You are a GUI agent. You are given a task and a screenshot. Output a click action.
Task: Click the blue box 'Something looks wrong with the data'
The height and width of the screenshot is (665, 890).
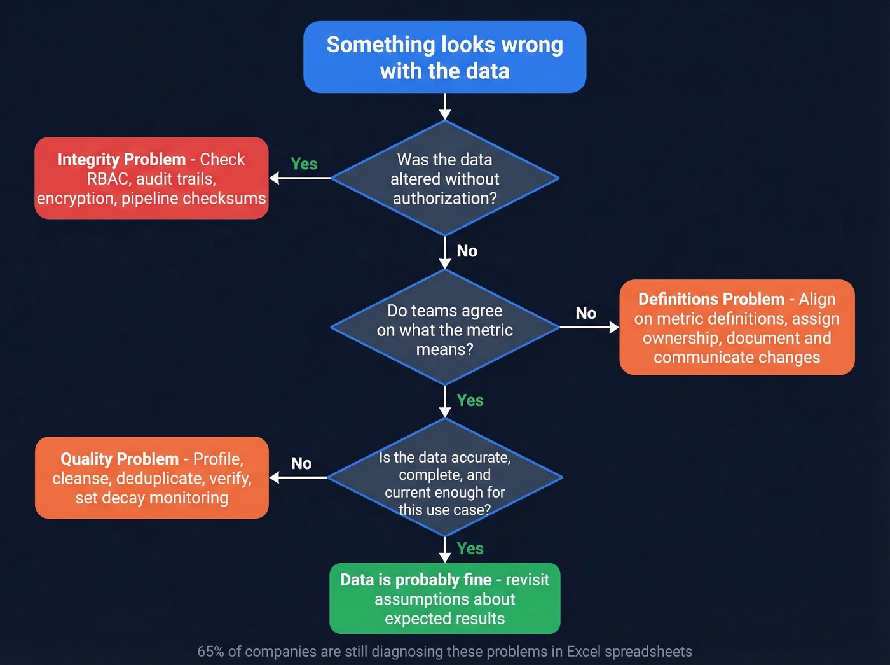coord(444,57)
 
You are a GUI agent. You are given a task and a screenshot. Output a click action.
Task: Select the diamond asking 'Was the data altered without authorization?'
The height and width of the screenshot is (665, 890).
coord(444,179)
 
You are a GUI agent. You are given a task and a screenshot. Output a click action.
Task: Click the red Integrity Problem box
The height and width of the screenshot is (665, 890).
coord(151,178)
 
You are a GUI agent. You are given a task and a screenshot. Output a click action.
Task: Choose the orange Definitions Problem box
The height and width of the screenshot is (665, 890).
coord(737,327)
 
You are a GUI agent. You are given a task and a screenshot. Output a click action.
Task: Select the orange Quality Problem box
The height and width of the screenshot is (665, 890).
coord(151,478)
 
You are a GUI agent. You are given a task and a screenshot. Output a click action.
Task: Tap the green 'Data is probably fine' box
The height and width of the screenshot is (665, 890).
coord(444,598)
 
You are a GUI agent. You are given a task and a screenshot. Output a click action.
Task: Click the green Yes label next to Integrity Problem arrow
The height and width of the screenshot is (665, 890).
coord(304,164)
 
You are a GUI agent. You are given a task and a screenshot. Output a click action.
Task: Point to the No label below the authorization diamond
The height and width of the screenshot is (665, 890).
coord(467,251)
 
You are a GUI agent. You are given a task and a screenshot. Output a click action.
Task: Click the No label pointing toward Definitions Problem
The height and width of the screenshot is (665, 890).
coord(585,313)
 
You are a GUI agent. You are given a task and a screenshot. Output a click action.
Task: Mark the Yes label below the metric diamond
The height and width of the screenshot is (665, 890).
coord(470,400)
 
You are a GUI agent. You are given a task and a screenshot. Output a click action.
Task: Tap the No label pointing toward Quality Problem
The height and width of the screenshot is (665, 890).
coord(301,463)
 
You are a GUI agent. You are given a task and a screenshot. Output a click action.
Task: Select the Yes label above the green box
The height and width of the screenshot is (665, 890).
coord(470,549)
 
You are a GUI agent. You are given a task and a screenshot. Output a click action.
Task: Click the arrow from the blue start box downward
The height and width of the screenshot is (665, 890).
coord(445,106)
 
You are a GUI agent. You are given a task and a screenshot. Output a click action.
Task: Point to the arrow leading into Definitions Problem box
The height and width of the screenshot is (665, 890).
coord(589,327)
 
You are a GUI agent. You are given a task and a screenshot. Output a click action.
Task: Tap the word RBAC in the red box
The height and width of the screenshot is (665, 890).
coord(108,179)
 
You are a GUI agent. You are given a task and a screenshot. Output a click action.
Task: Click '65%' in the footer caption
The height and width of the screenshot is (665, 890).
coord(210,652)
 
